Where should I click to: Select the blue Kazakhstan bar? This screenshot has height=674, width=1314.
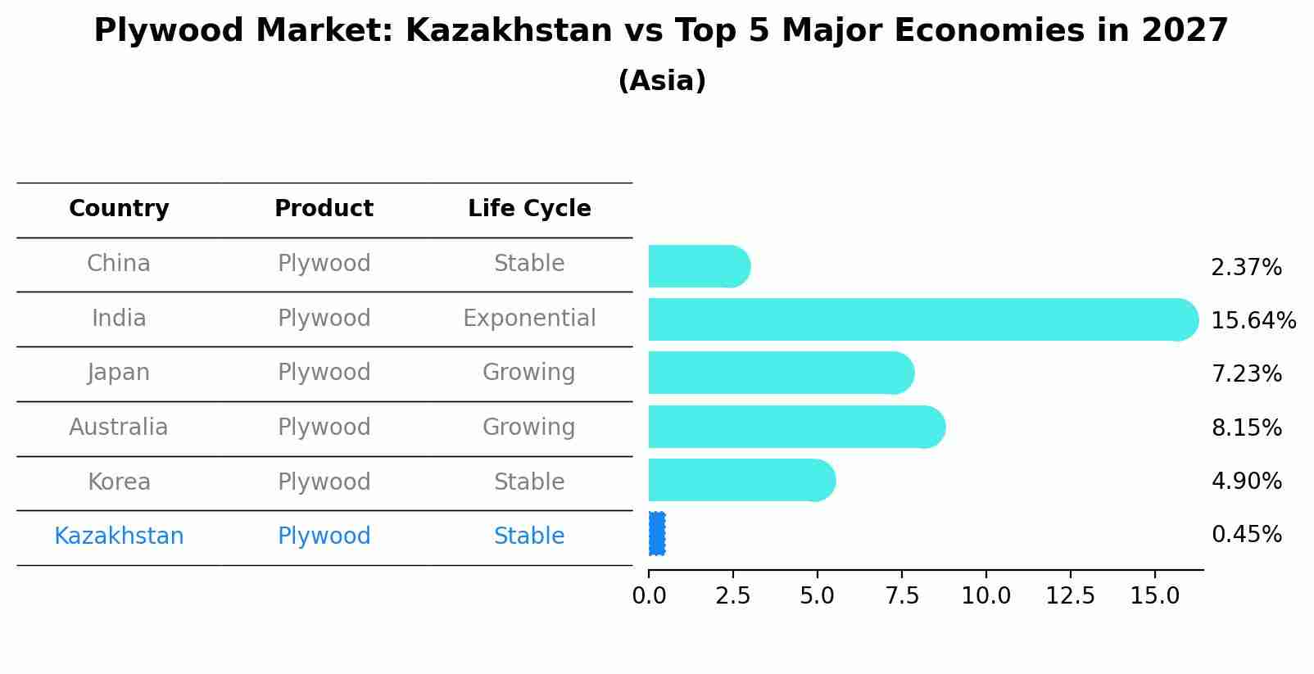coord(657,534)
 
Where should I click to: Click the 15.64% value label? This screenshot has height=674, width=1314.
coord(1253,321)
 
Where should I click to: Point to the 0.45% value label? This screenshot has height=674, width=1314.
coord(1246,535)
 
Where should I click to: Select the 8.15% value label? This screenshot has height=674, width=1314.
coord(1246,428)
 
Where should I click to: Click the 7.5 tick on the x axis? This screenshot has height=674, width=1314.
coord(901,596)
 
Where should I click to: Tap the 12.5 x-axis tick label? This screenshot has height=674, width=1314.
coord(1070,596)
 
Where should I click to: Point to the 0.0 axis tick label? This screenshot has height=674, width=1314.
coord(649,596)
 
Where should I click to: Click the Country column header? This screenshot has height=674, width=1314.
coord(119,209)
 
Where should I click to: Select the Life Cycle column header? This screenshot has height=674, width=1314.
coord(529,209)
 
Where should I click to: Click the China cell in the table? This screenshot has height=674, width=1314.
coord(119,264)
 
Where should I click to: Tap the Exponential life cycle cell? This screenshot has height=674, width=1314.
coord(529,319)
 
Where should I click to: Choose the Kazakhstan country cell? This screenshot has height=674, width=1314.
coord(119,536)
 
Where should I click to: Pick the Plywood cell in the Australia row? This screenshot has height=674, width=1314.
coord(324,427)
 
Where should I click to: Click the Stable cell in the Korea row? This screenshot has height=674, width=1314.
coord(529,482)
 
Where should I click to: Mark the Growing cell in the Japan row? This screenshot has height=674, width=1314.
coord(529,373)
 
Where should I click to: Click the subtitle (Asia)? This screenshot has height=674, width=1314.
coord(662,81)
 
